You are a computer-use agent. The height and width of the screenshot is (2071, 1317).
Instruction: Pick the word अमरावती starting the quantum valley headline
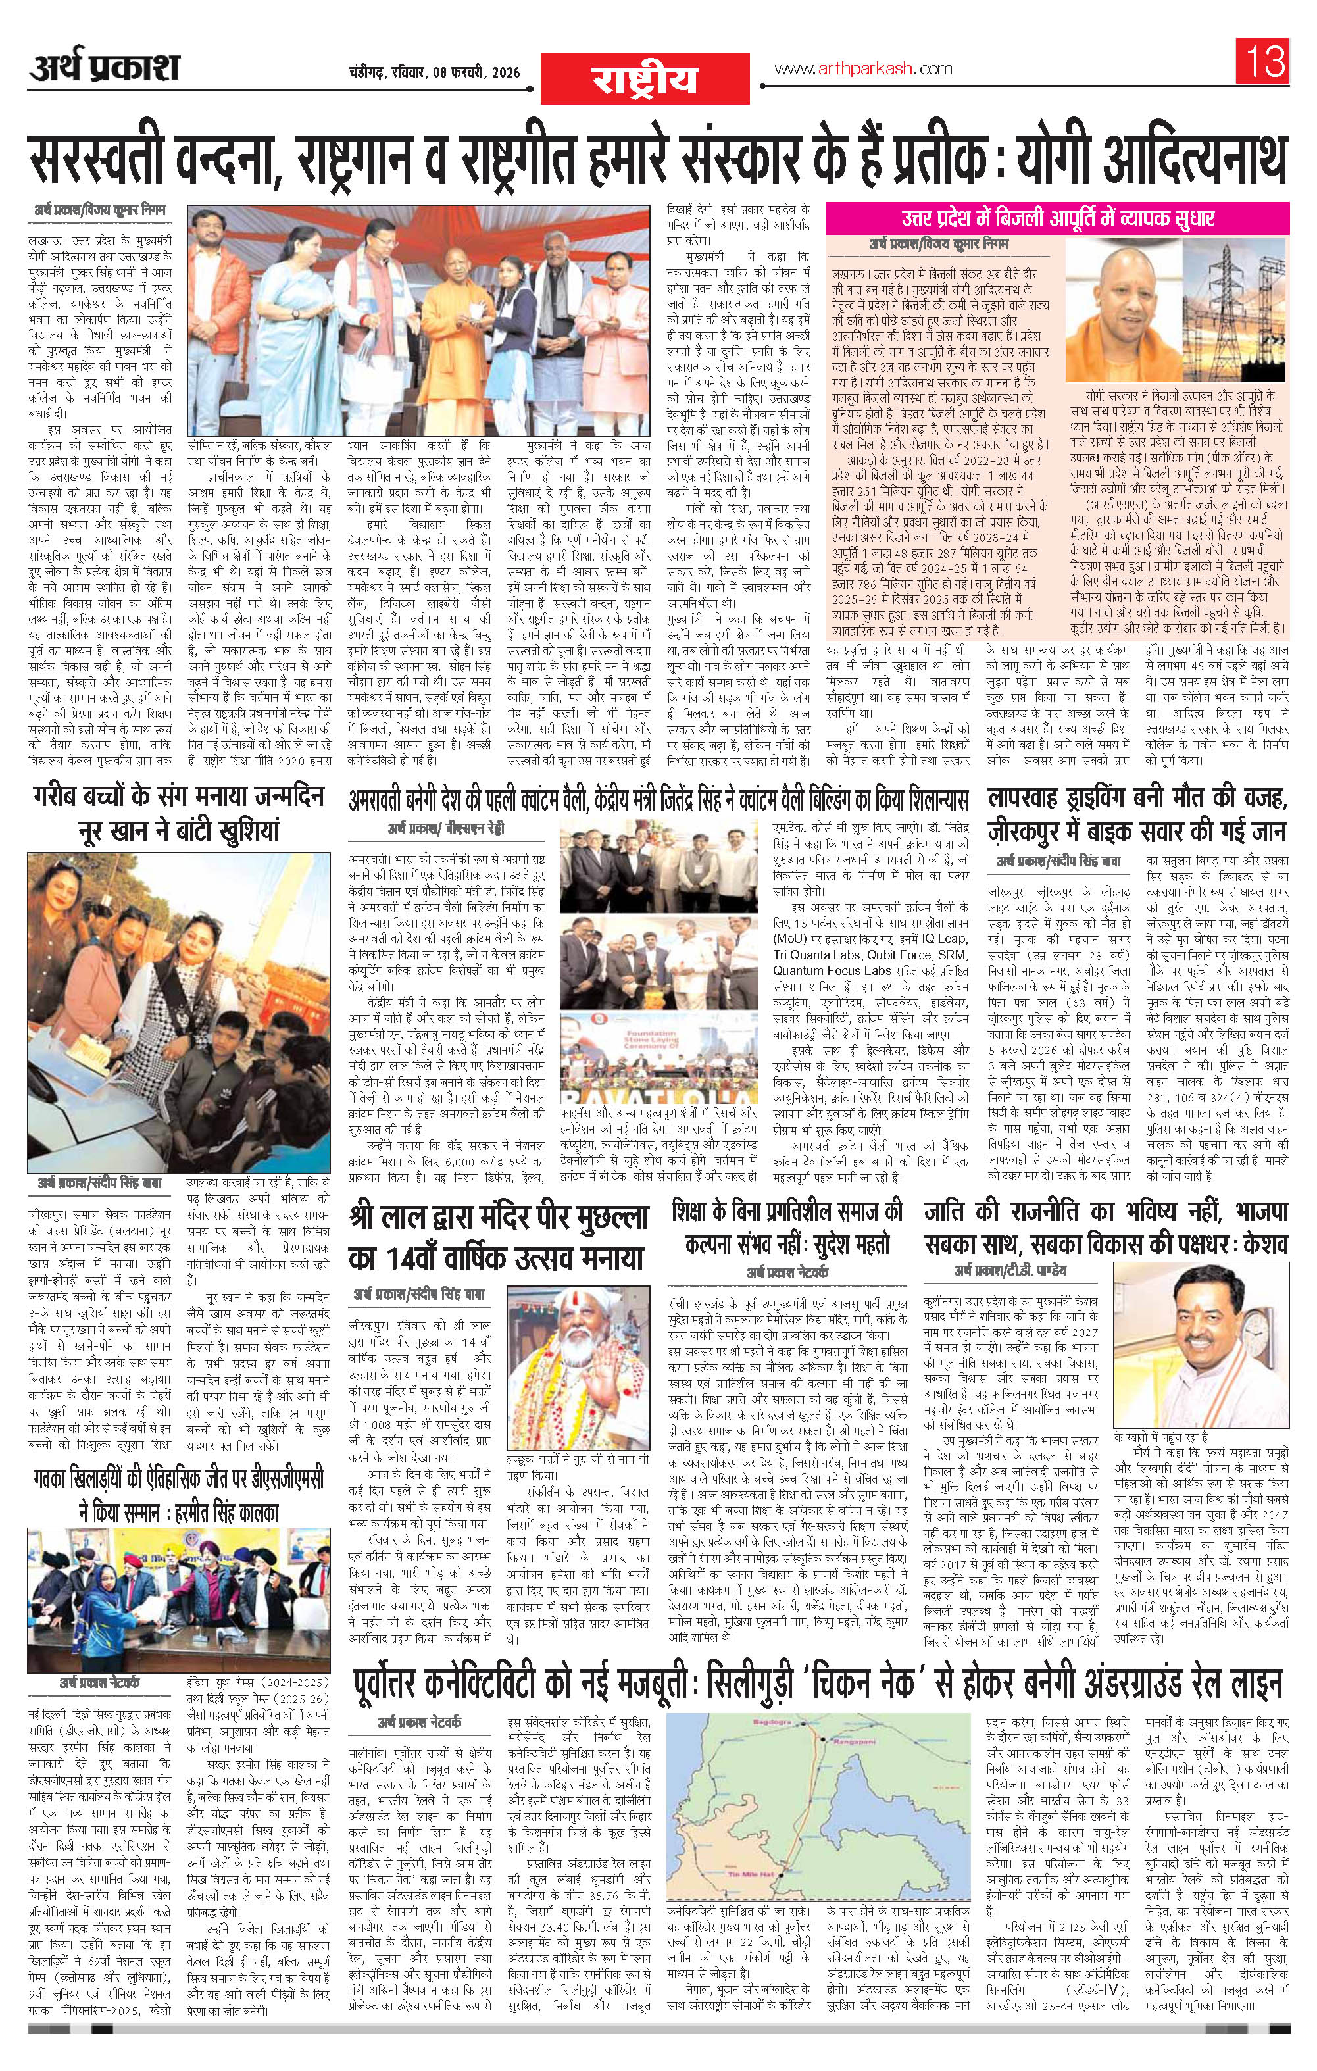tap(384, 800)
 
